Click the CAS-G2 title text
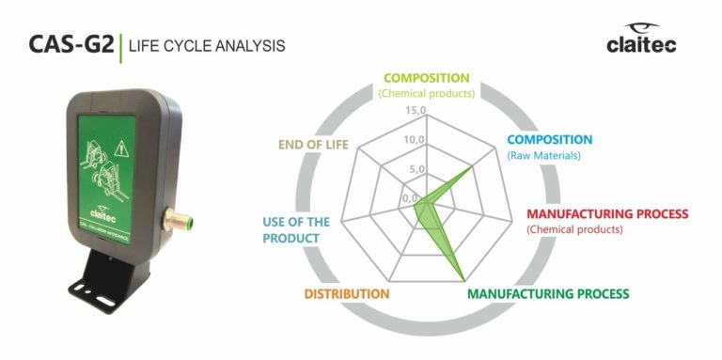tap(71, 44)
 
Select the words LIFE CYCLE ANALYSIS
tap(207, 45)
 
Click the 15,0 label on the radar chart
tap(416, 111)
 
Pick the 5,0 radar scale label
tap(416, 169)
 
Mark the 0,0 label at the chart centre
tap(411, 198)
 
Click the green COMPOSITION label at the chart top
tap(426, 78)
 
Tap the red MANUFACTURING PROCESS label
tap(607, 213)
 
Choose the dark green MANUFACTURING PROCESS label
tap(549, 293)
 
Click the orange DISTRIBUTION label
tap(347, 293)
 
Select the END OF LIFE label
tap(313, 145)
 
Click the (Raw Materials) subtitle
tap(543, 155)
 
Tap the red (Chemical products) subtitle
tap(573, 228)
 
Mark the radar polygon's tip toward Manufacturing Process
tap(464, 278)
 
